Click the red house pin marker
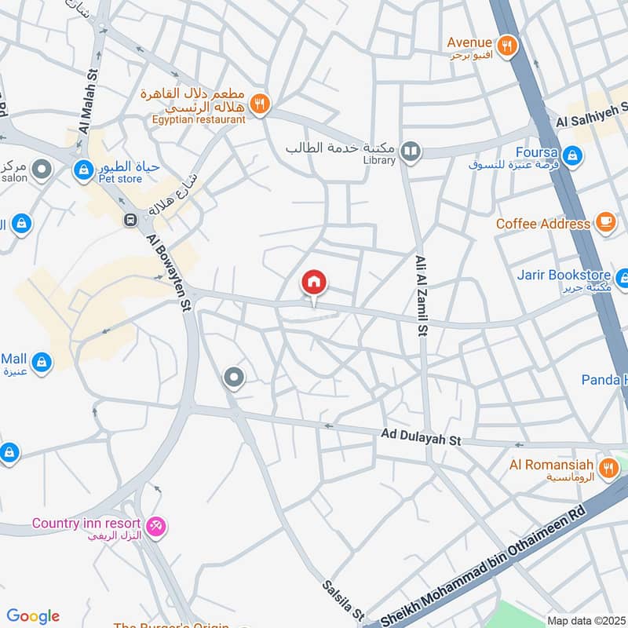click(314, 283)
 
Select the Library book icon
click(410, 150)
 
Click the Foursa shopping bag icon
click(573, 154)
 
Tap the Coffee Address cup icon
click(604, 222)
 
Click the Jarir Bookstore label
click(563, 276)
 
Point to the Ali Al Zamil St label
click(421, 295)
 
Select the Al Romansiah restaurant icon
click(608, 469)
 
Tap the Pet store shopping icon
click(82, 170)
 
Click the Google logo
click(33, 616)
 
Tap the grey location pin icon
click(234, 378)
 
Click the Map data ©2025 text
click(585, 620)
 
